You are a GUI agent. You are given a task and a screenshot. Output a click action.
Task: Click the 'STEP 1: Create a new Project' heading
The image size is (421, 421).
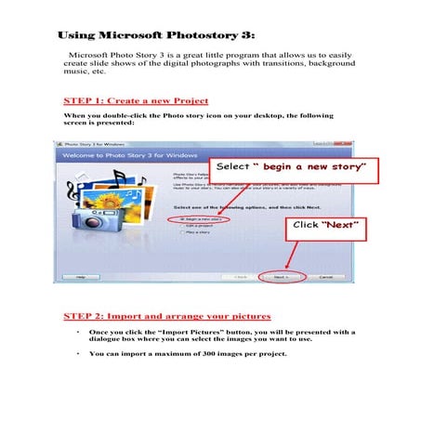135,99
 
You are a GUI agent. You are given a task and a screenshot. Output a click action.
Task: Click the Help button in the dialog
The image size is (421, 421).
81,276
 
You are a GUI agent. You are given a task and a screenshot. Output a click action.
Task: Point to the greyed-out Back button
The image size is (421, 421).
240,276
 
